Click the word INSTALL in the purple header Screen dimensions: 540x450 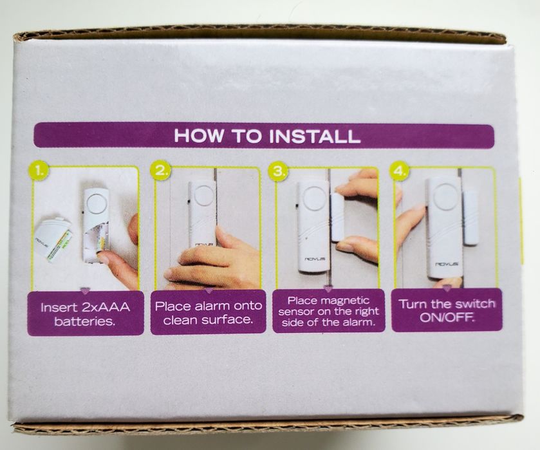[315, 136]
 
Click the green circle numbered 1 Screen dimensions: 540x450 [40, 171]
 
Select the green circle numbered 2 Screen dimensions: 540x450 [160, 170]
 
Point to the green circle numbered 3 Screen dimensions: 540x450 [278, 171]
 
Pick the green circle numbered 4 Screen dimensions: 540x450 [398, 171]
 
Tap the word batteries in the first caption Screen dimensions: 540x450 [84, 321]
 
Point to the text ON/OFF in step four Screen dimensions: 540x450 [447, 317]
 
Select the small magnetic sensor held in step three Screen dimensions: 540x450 [340, 217]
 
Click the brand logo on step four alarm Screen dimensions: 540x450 [447, 263]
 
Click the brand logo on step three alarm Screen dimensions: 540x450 [313, 259]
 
